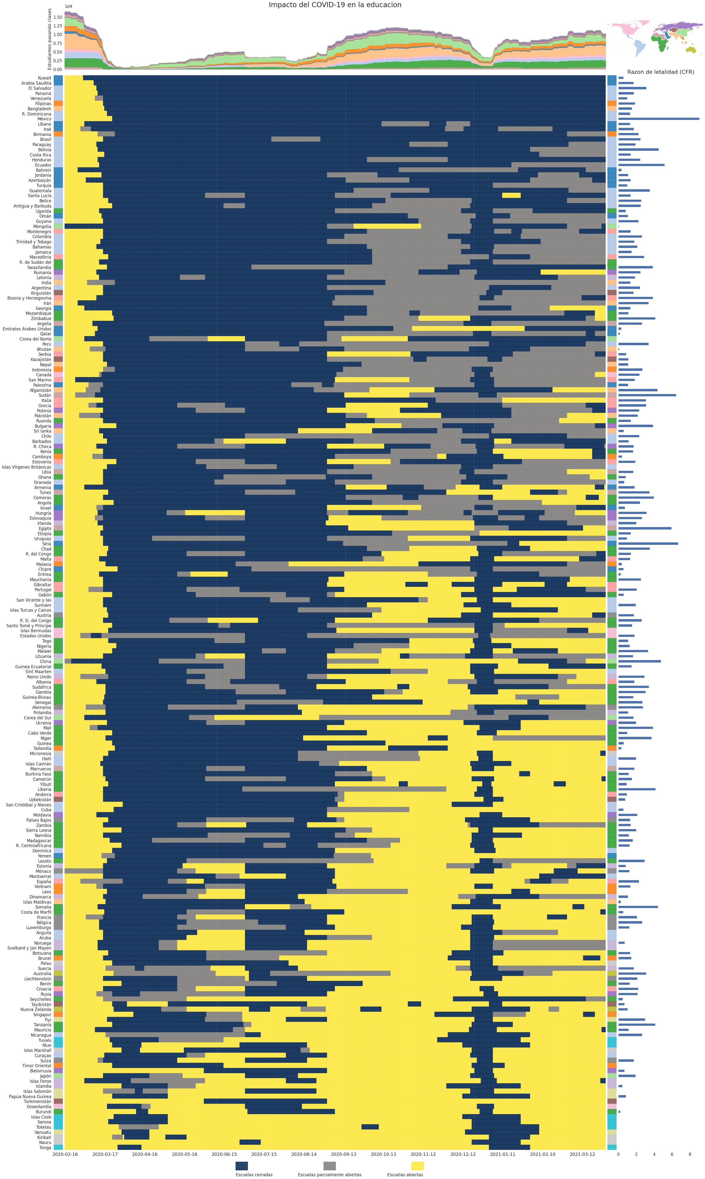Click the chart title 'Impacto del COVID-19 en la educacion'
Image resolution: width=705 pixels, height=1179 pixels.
(x=335, y=5)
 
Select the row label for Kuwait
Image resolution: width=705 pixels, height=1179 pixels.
(x=45, y=78)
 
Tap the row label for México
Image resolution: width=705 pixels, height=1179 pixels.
(x=44, y=119)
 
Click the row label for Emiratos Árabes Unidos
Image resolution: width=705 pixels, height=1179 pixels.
(x=27, y=329)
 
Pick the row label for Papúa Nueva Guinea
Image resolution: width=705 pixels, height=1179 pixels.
(x=30, y=1097)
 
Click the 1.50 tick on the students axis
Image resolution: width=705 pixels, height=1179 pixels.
(x=57, y=17)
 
